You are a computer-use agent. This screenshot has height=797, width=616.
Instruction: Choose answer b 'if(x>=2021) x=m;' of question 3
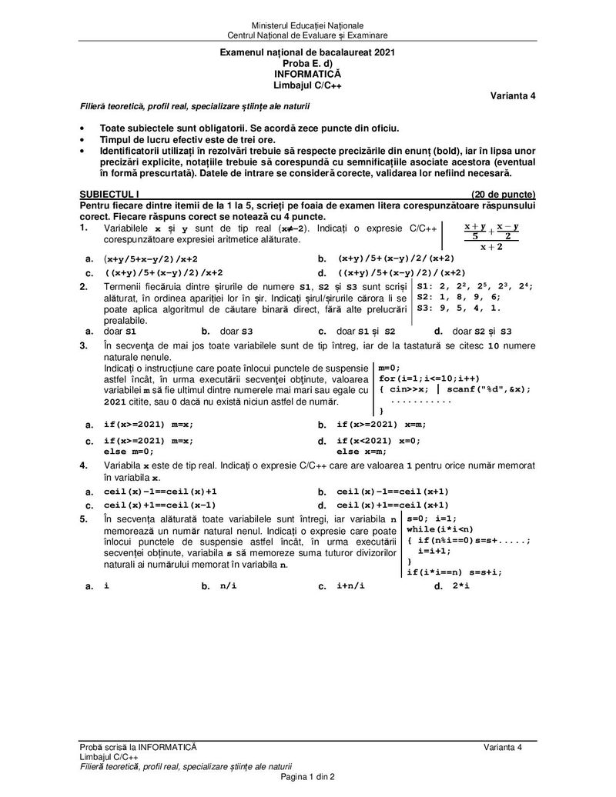click(x=382, y=424)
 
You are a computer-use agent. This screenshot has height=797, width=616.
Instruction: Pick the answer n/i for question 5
click(x=229, y=586)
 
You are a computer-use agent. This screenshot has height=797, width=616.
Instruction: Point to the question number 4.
click(x=83, y=465)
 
